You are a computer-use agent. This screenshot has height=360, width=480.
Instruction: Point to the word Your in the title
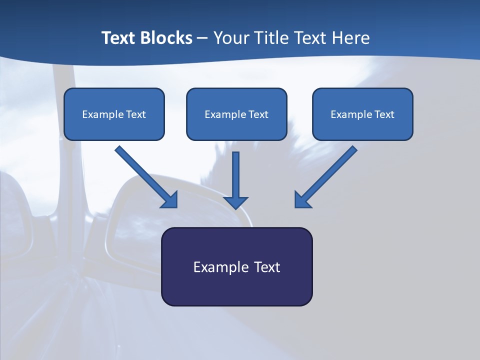tap(231, 38)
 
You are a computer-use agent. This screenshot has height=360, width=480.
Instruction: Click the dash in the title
tap(202, 38)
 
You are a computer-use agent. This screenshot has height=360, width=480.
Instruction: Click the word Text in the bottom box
tap(267, 267)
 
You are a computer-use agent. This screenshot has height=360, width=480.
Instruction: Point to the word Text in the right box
tap(384, 114)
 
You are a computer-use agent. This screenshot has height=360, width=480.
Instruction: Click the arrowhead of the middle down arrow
tap(235, 202)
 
